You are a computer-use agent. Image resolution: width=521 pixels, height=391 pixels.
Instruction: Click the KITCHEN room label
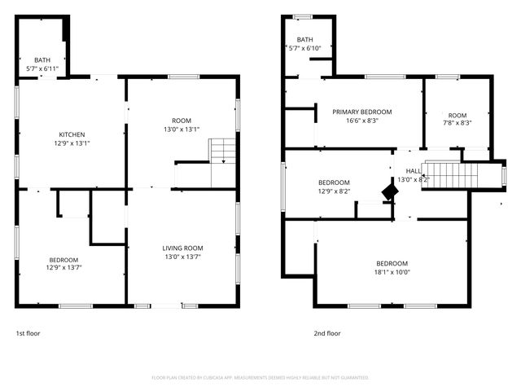click(72, 135)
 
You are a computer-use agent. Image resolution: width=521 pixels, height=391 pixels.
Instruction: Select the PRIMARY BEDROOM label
click(361, 112)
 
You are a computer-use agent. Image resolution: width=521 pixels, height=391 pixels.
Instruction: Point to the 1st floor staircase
click(221, 152)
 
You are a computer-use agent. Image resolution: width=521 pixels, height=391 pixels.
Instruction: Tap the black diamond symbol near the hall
click(391, 192)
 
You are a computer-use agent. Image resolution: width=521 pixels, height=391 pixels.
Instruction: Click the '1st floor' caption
click(28, 333)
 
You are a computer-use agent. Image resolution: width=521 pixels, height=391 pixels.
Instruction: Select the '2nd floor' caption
click(326, 333)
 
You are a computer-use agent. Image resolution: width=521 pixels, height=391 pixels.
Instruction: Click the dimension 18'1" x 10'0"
click(392, 273)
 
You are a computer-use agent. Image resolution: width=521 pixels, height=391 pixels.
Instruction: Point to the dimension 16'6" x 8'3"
click(361, 121)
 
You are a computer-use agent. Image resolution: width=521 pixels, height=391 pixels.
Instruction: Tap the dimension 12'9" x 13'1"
click(72, 144)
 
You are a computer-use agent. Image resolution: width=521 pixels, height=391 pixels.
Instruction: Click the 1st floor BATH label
click(42, 60)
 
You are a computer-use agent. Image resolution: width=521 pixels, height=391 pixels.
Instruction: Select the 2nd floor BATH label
click(304, 40)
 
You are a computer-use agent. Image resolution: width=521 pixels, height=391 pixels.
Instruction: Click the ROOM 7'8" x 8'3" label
click(457, 116)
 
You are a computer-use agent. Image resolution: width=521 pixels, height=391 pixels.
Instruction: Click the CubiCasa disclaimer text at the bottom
click(260, 378)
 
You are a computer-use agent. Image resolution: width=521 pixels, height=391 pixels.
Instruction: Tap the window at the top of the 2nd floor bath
click(302, 15)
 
